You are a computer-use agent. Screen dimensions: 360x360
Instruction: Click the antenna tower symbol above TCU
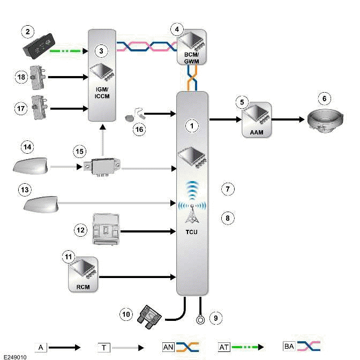(x=192, y=214)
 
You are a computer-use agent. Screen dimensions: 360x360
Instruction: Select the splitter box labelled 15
(x=103, y=167)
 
